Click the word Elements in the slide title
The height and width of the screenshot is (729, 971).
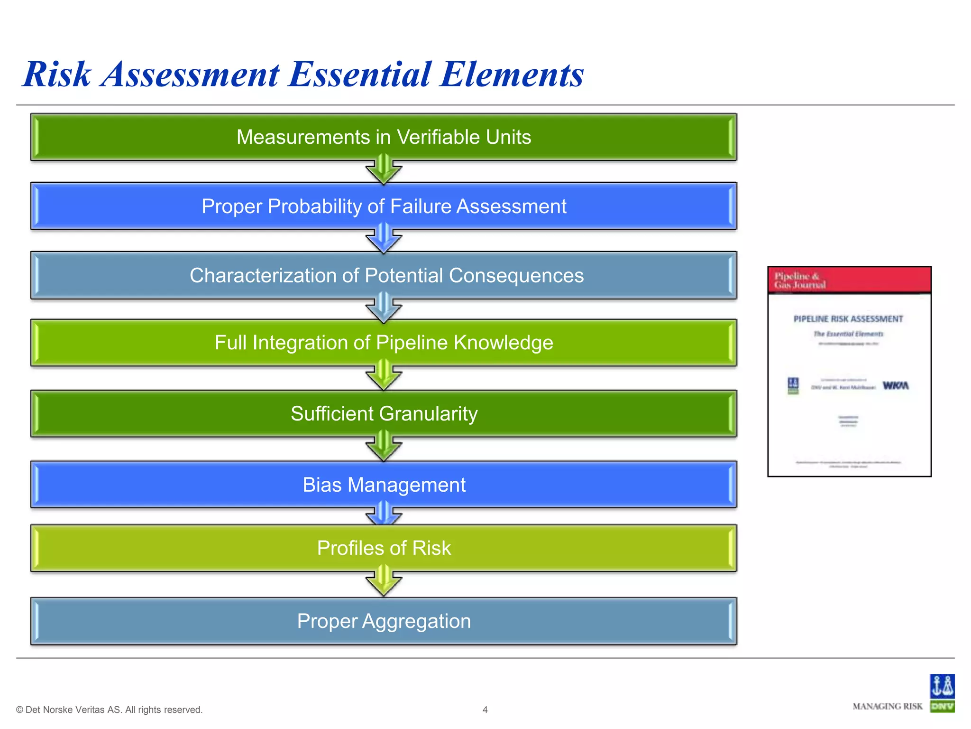click(511, 75)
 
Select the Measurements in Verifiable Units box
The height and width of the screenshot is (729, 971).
click(383, 137)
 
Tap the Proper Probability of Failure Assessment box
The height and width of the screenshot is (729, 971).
click(383, 206)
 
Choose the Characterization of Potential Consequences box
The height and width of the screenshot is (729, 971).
click(383, 276)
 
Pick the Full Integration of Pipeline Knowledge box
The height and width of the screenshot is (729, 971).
click(383, 343)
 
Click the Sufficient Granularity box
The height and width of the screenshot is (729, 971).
click(383, 414)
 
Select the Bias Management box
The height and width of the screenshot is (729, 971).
click(383, 485)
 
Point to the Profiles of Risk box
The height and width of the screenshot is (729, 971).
click(383, 548)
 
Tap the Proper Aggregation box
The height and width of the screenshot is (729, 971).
click(383, 621)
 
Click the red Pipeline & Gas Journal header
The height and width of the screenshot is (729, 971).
click(849, 280)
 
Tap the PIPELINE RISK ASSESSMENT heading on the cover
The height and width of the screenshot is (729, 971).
click(848, 319)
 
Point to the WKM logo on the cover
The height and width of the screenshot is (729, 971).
click(895, 386)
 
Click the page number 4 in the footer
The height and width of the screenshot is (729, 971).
click(485, 710)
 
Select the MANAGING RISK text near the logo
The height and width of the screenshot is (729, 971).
click(887, 706)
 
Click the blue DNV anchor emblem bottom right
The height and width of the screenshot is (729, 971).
click(942, 686)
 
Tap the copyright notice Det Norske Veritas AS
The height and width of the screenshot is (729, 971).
click(109, 710)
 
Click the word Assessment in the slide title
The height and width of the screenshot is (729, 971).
click(190, 75)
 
